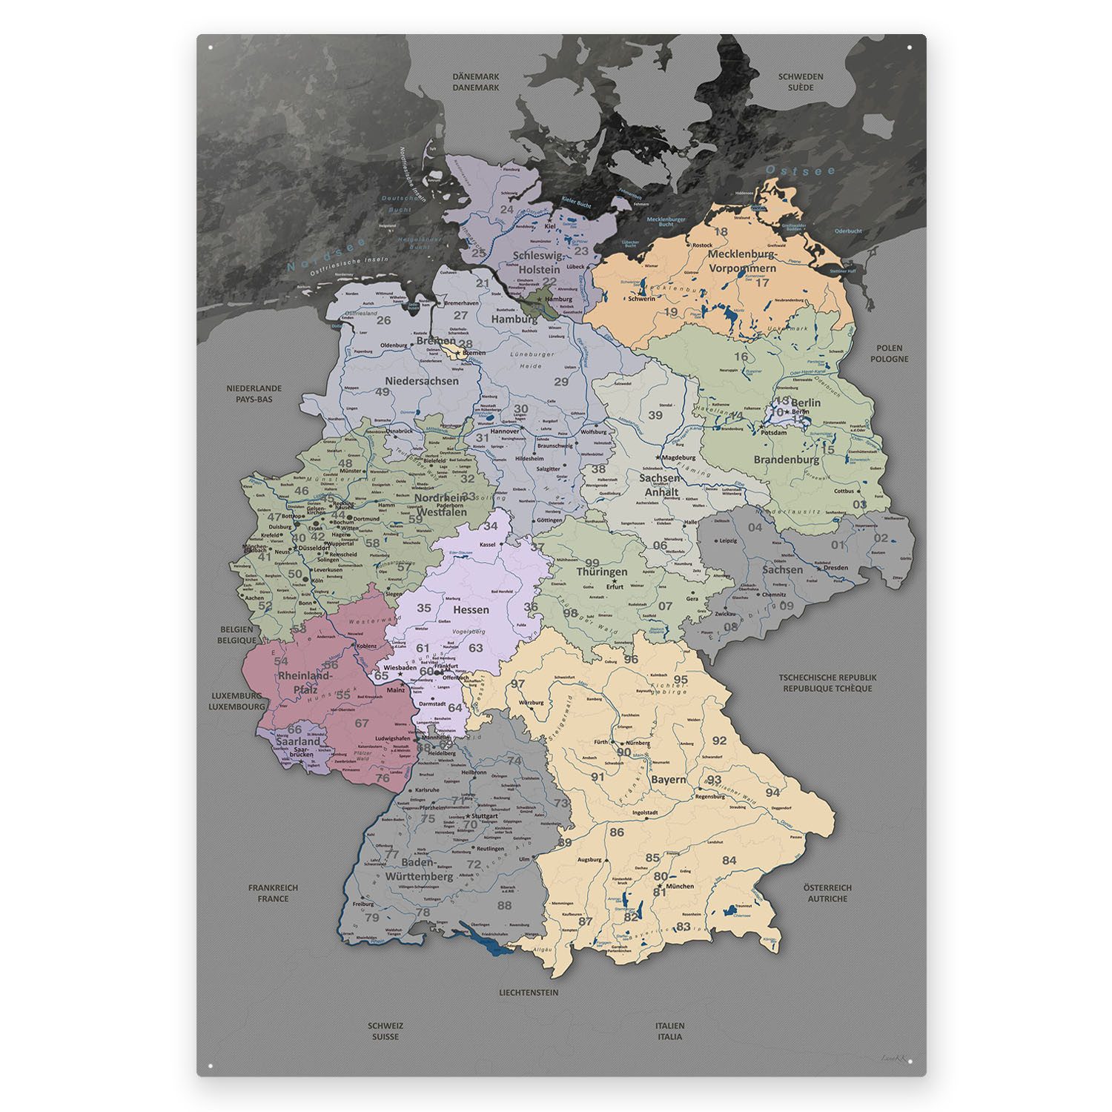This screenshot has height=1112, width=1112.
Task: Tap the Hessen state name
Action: [471, 609]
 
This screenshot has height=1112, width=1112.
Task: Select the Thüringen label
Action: [602, 572]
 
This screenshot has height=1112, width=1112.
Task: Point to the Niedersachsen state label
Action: [422, 380]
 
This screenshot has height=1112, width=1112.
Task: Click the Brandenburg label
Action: [787, 459]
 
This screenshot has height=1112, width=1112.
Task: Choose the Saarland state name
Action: [298, 741]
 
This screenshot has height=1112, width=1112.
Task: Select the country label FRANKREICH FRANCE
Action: [273, 893]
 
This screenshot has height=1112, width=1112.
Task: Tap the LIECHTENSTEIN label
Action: [529, 992]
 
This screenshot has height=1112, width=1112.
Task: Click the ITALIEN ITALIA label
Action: [669, 1031]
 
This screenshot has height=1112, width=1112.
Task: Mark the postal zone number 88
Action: [504, 905]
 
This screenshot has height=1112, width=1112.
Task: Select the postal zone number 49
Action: [383, 392]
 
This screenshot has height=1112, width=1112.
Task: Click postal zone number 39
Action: [655, 415]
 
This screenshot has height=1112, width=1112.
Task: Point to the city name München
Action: [680, 886]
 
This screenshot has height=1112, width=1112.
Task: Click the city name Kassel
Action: [487, 545]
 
